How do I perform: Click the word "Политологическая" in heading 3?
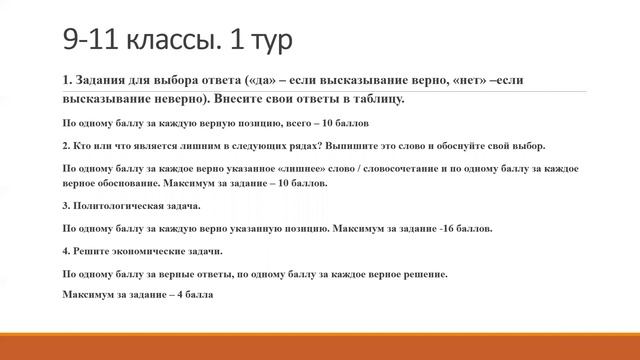click(123, 206)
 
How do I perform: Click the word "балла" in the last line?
click(199, 296)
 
